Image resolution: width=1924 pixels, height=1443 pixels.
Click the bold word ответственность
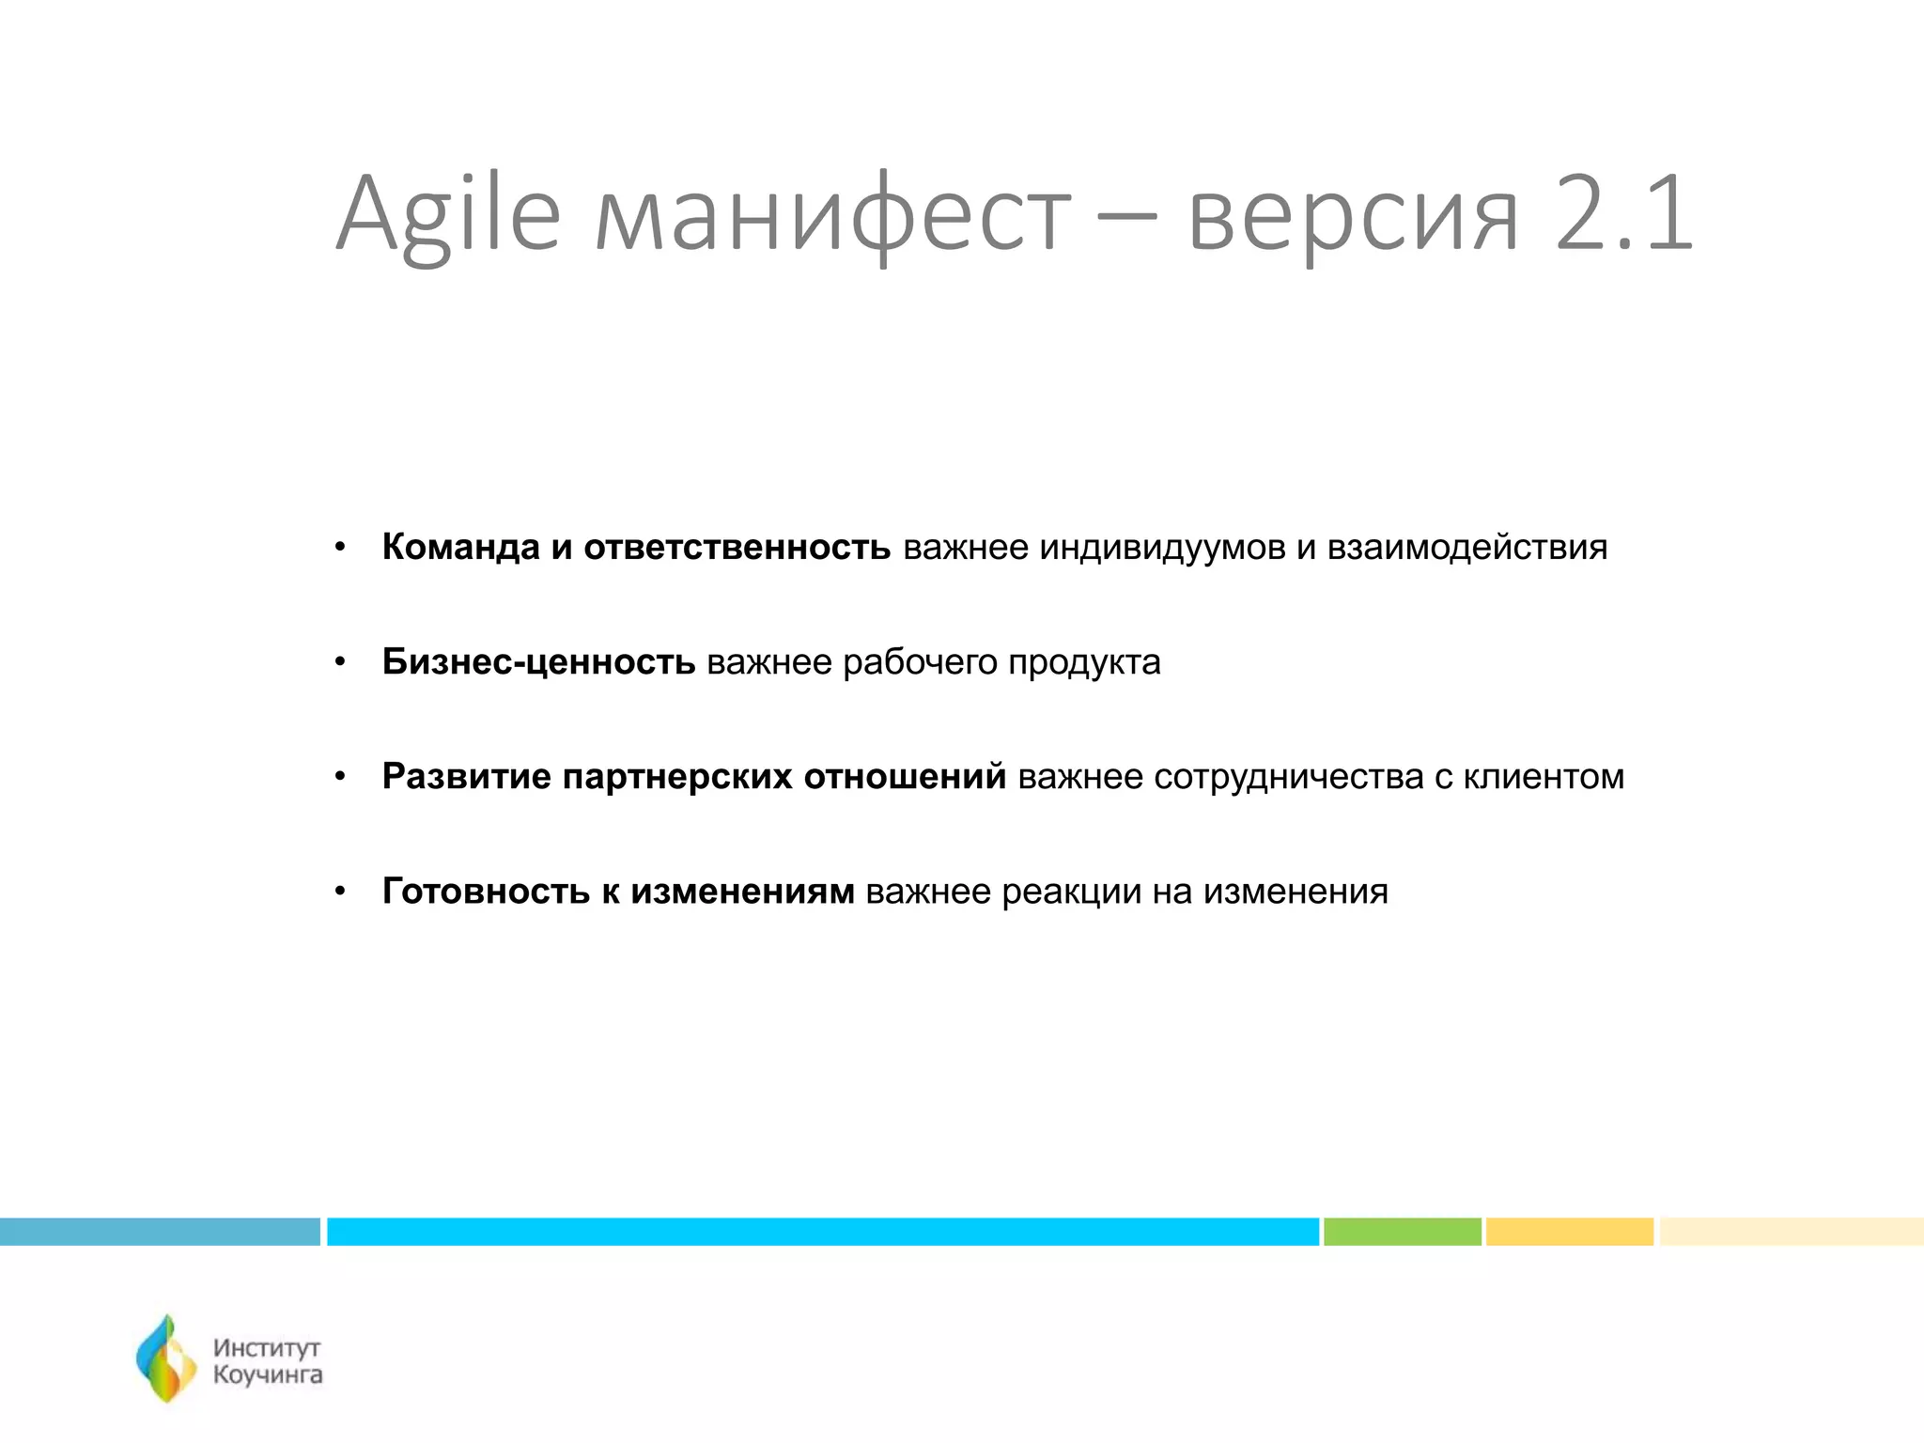point(737,547)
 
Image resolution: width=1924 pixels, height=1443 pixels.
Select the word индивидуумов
point(1161,548)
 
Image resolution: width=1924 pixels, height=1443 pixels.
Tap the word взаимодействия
point(1466,548)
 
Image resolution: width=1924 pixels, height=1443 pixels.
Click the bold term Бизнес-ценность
point(538,662)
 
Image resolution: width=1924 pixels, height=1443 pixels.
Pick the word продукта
point(1084,663)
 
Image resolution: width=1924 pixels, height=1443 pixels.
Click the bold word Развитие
point(466,777)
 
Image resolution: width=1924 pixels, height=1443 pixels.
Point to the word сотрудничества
point(1288,778)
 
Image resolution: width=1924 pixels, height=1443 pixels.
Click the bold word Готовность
point(486,892)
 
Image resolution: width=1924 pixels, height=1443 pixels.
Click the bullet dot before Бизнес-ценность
point(340,663)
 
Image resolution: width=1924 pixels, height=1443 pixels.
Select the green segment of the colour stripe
point(1402,1232)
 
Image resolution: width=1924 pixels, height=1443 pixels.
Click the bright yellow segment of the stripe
point(1569,1232)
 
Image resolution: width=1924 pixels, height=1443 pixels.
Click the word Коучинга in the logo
point(268,1375)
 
